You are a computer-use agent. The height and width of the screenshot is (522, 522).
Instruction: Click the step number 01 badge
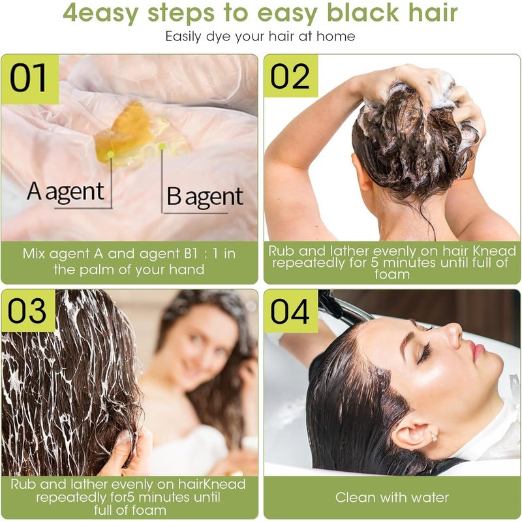(30, 79)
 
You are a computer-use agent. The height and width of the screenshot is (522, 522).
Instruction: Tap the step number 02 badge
(290, 76)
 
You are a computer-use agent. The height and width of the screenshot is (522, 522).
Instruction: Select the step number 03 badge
(28, 311)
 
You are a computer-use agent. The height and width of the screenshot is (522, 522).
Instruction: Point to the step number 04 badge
(290, 311)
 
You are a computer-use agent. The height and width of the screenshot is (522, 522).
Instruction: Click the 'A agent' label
(66, 192)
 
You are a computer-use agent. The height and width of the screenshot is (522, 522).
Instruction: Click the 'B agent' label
(205, 196)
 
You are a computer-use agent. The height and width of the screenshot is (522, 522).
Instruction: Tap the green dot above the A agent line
(111, 155)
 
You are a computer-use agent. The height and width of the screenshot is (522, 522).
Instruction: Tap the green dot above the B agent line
(162, 146)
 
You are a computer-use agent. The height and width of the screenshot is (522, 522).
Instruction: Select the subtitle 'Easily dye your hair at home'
(260, 37)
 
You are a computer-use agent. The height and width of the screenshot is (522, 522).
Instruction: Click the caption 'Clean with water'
(392, 497)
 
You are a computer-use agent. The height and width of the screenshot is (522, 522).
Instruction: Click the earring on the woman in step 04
(434, 436)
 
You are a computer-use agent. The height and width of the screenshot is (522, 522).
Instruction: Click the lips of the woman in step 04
(478, 351)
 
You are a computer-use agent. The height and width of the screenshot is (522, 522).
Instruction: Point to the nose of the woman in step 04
(453, 330)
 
